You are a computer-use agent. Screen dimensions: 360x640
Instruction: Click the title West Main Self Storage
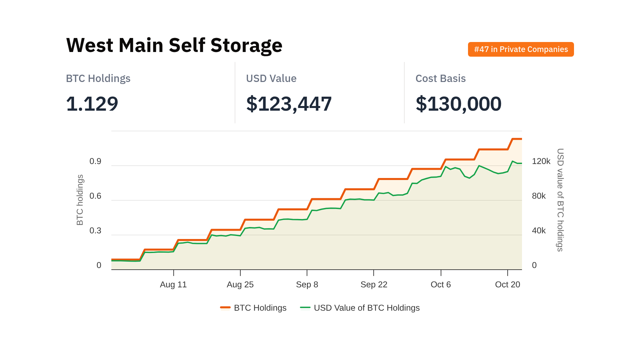[x=174, y=45]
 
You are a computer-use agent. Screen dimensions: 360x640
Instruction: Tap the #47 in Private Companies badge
[x=521, y=49]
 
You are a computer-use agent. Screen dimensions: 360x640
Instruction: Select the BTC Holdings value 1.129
[x=92, y=104]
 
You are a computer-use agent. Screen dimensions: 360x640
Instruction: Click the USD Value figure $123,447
[x=289, y=104]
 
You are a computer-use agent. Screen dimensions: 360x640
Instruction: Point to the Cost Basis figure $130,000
[x=458, y=104]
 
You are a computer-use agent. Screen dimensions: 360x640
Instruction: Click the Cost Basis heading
[x=440, y=78]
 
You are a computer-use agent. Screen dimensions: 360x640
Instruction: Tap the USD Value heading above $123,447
[x=271, y=78]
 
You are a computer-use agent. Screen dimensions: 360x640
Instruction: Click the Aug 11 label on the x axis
[x=173, y=284]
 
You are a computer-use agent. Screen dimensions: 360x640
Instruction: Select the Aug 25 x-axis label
[x=240, y=284]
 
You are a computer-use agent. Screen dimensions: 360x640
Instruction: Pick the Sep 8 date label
[x=307, y=284]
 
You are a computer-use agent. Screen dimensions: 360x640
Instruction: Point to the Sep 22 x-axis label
[x=374, y=284]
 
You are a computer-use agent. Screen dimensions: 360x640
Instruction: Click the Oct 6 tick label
[x=441, y=284]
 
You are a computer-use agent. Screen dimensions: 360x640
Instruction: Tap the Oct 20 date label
[x=507, y=284]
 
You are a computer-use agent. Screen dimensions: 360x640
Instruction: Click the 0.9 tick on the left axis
[x=95, y=161]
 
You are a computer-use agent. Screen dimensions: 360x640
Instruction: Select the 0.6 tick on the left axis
[x=95, y=196]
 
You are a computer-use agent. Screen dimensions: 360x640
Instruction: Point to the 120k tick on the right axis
[x=541, y=161]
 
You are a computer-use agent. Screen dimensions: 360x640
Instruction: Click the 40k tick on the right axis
[x=539, y=231]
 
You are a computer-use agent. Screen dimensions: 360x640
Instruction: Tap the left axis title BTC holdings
[x=80, y=200]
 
